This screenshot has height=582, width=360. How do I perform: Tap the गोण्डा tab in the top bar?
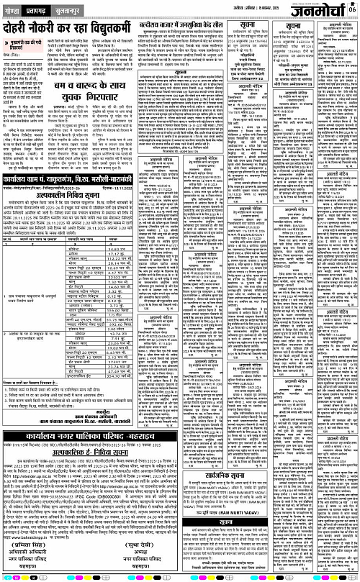click(12, 6)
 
